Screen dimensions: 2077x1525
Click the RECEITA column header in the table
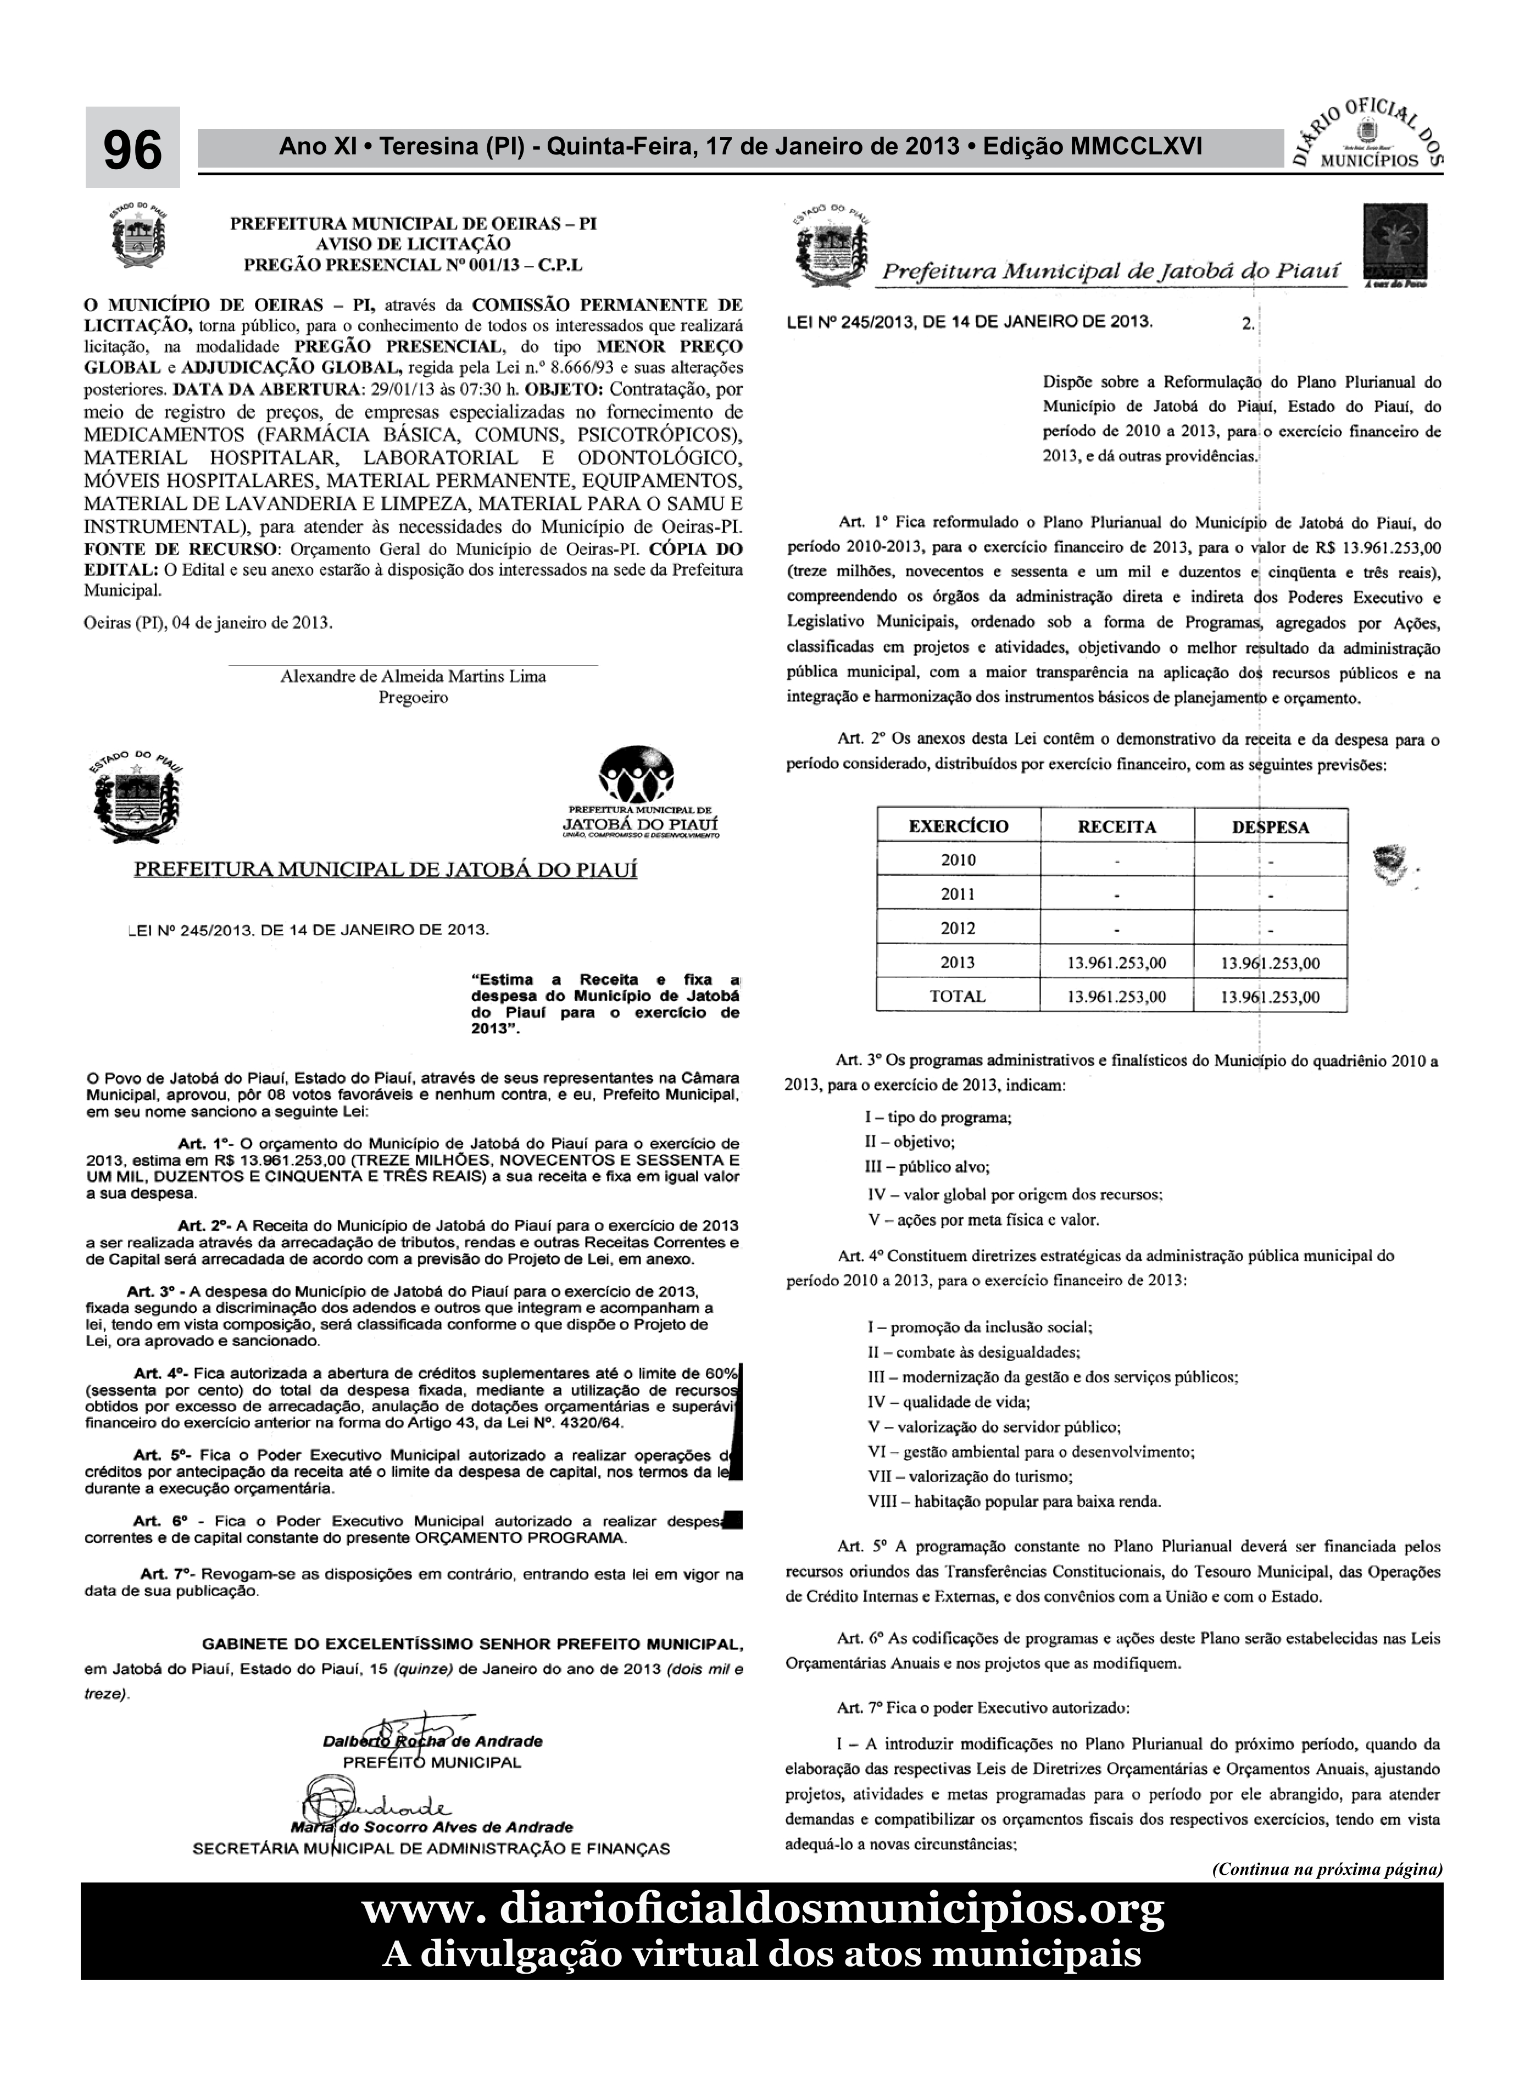(1116, 826)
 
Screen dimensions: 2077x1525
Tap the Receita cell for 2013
(1116, 963)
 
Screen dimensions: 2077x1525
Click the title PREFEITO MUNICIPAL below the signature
(431, 1762)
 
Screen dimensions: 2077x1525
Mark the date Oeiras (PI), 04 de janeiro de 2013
(208, 622)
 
